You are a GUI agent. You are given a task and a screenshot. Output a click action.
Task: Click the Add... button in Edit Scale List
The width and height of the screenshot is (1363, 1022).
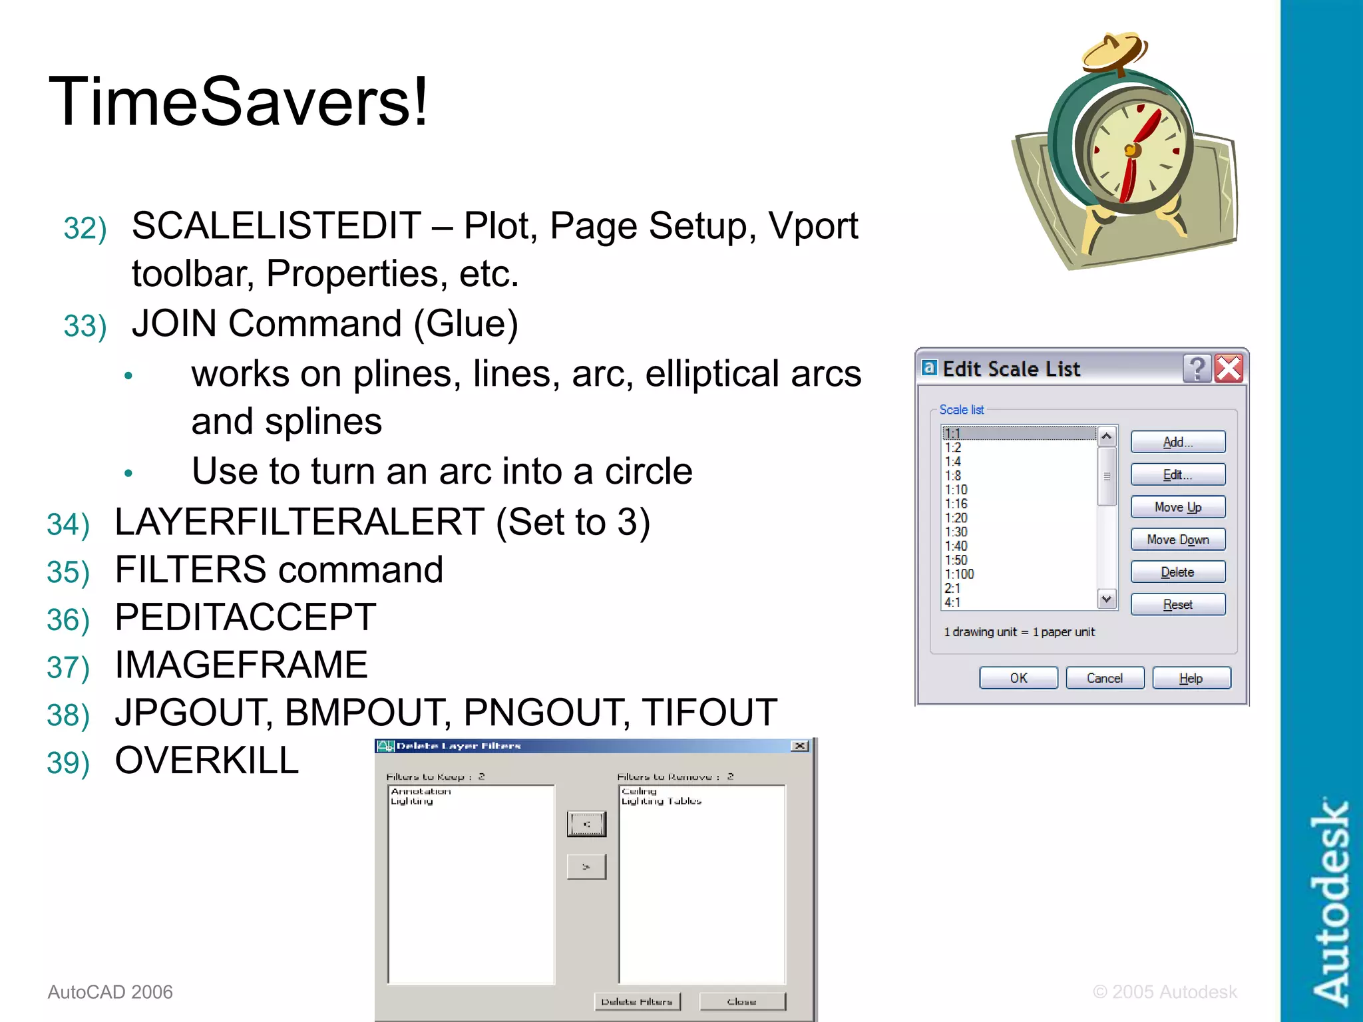tap(1177, 442)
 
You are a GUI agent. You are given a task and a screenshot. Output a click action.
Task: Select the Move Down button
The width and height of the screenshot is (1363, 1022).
tap(1177, 540)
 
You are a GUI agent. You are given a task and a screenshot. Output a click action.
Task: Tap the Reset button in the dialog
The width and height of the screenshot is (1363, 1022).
tap(1177, 604)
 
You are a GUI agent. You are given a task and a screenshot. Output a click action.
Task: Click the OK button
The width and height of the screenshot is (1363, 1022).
tap(1018, 678)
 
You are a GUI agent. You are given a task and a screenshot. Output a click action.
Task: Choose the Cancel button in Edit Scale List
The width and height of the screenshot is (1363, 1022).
tap(1104, 678)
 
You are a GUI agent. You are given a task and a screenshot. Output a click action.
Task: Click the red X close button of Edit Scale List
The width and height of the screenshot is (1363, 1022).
tap(1229, 368)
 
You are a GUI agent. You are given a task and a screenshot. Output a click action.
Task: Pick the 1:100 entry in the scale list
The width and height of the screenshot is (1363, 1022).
tap(960, 574)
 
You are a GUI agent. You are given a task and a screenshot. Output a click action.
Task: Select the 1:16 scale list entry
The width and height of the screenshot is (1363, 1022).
tap(956, 504)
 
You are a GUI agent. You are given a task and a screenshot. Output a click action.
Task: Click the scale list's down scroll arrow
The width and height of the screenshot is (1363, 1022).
tap(1106, 599)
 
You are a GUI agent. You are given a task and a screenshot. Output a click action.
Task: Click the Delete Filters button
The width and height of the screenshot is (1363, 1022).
tap(637, 1001)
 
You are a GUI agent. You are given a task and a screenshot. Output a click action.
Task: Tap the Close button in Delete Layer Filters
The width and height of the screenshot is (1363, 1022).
tap(742, 1001)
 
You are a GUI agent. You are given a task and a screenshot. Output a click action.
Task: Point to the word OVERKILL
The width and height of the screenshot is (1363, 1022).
tap(207, 761)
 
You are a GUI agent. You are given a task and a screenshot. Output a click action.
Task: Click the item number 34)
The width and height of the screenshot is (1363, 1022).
tap(68, 524)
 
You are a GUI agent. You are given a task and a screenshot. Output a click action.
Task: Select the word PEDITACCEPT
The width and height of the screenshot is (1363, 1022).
tap(246, 617)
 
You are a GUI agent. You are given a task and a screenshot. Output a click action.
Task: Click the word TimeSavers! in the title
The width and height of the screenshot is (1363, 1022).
tap(238, 102)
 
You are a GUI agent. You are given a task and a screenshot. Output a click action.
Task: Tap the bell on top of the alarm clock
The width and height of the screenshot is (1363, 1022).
tap(1115, 51)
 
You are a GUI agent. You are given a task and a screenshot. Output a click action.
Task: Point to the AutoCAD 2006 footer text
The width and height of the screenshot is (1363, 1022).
tap(110, 992)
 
